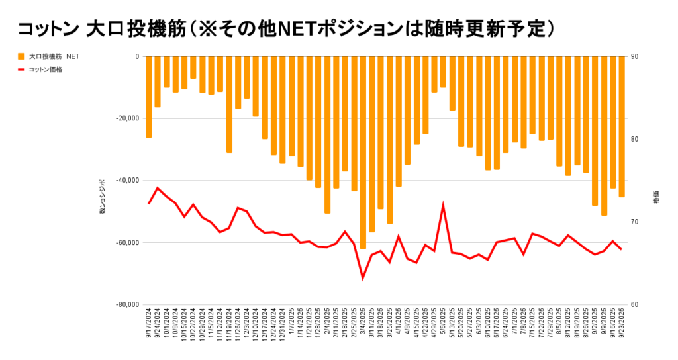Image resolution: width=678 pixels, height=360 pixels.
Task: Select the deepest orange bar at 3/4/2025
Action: pos(363,152)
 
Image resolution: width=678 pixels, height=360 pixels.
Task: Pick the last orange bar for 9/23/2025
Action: pos(622,126)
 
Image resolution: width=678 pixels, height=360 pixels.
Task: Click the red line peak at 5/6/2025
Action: pos(443,206)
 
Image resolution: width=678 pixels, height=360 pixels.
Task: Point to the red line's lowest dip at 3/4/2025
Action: pos(363,278)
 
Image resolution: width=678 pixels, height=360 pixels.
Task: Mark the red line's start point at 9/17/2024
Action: pos(149,203)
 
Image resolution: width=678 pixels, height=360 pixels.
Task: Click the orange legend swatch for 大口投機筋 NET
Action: pos(22,56)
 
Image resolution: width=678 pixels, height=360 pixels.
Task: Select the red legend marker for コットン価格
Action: pos(22,69)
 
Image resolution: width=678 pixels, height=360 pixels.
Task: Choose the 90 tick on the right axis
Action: pos(634,56)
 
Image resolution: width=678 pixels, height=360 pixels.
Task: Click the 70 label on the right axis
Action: pos(634,222)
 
